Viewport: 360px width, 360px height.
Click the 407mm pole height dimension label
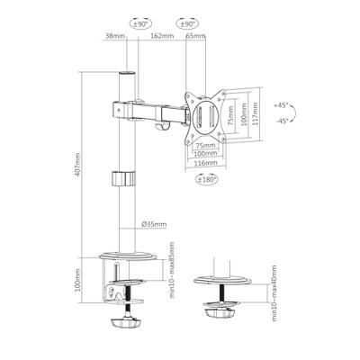coord(77,165)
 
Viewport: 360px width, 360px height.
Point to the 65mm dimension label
coord(195,36)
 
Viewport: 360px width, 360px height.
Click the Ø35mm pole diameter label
coord(154,224)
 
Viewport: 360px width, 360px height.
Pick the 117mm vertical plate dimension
coord(255,115)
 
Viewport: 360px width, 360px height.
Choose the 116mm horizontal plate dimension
coord(206,163)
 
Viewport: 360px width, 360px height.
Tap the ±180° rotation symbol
coord(207,179)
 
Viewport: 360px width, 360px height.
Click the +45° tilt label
coord(281,105)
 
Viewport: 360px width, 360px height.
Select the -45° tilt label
coord(282,121)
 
